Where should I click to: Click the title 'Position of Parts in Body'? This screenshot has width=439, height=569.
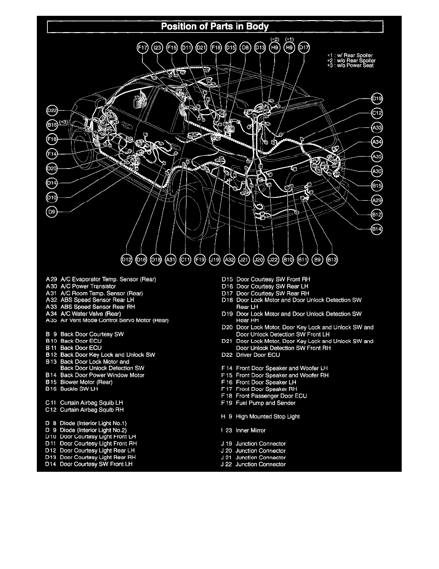pyautogui.click(x=215, y=26)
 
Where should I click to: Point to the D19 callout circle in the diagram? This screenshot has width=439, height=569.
pyautogui.click(x=377, y=99)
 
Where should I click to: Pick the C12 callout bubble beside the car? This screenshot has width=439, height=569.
pyautogui.click(x=377, y=114)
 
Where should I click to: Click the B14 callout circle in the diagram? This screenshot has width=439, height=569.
pyautogui.click(x=377, y=229)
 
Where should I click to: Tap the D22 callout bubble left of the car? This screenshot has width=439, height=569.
pyautogui.click(x=52, y=111)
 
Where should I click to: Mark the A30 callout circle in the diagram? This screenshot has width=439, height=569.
pyautogui.click(x=377, y=171)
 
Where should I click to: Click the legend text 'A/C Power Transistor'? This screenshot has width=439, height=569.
pyautogui.click(x=88, y=286)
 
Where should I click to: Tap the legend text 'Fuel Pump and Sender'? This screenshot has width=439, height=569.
pyautogui.click(x=265, y=403)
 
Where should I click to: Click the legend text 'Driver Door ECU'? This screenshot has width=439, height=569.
pyautogui.click(x=258, y=355)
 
